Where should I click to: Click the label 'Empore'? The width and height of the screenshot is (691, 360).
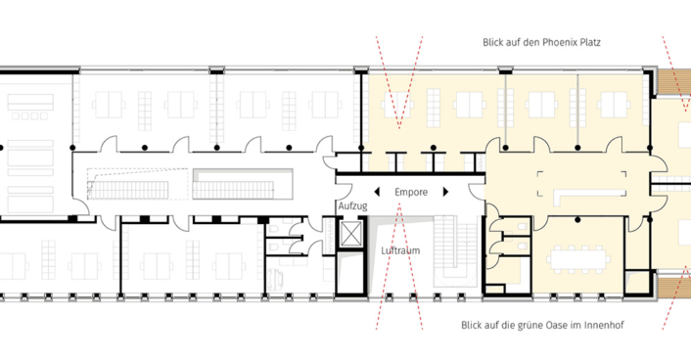coord(411,193)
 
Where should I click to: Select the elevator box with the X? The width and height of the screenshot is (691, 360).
coord(348,235)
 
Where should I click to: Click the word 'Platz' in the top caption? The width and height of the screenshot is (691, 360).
coord(589,43)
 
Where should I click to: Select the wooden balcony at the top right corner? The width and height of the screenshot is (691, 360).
coord(676,82)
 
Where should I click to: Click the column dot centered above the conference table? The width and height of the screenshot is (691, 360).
coord(573,209)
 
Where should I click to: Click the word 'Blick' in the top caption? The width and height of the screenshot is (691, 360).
coord(494,43)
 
